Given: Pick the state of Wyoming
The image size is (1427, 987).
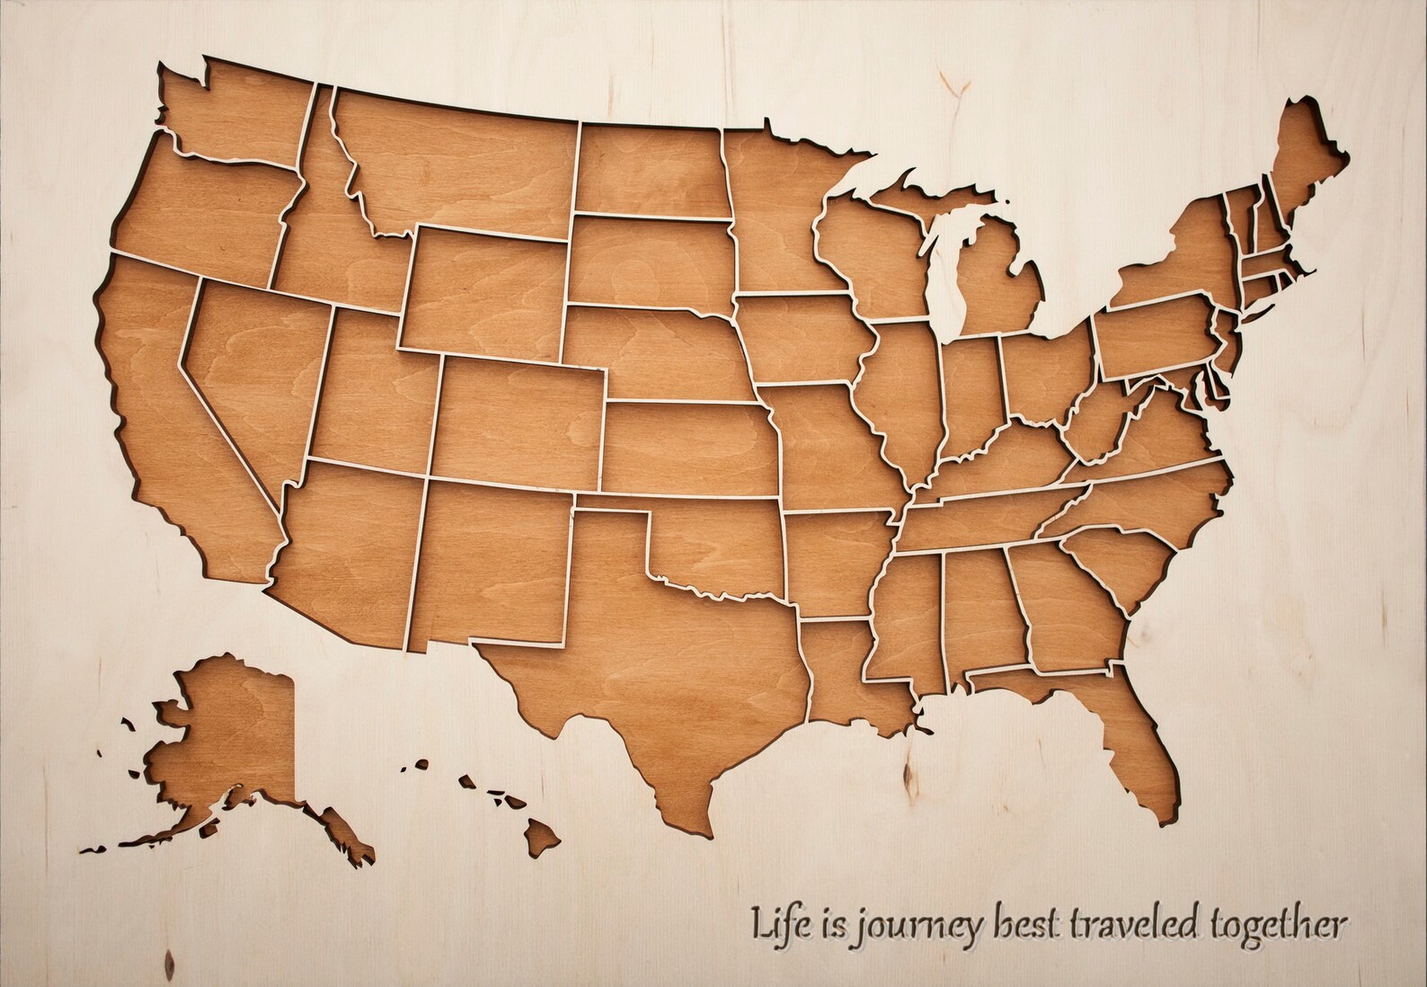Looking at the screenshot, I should click(x=485, y=292).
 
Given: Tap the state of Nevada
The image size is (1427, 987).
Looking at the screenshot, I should click(x=252, y=369).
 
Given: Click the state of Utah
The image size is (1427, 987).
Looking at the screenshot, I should click(x=373, y=391).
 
